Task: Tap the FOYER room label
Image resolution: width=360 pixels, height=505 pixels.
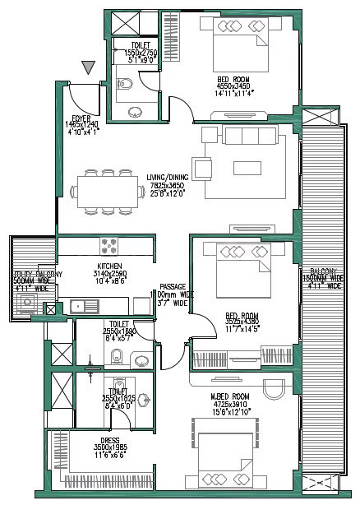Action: tap(81, 118)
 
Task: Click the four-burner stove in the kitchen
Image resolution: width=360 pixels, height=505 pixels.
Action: tap(109, 245)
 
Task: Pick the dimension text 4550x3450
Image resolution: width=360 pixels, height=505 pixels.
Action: tap(233, 86)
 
